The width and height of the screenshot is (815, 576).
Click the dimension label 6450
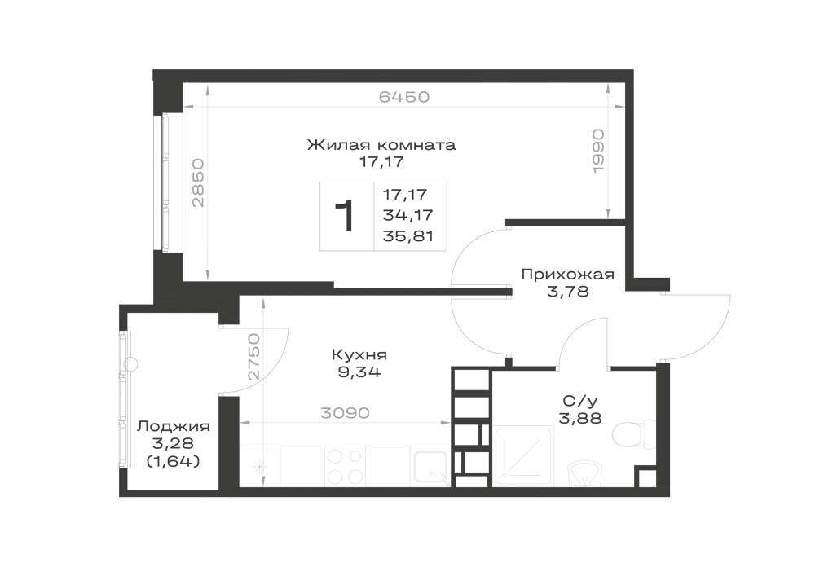(404, 97)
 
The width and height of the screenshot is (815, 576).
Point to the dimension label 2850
(199, 182)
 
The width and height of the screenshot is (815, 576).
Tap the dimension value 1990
(598, 151)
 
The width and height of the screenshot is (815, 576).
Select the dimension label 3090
(345, 413)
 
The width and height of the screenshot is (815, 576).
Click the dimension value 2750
(253, 358)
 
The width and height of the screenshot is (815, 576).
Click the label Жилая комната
(381, 144)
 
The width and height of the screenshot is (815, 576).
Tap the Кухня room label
(359, 355)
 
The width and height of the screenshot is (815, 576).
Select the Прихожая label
(567, 275)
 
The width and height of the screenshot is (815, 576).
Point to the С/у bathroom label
(580, 401)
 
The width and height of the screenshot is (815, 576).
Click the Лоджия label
(173, 427)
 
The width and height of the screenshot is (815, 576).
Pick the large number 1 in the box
(344, 216)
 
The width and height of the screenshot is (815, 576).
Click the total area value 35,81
(408, 236)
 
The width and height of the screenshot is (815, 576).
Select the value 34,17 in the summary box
(408, 214)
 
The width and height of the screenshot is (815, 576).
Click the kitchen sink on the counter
(430, 468)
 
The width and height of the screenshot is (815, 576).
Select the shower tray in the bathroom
(523, 455)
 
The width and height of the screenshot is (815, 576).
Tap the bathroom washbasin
(585, 473)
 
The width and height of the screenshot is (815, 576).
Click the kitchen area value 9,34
(359, 372)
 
